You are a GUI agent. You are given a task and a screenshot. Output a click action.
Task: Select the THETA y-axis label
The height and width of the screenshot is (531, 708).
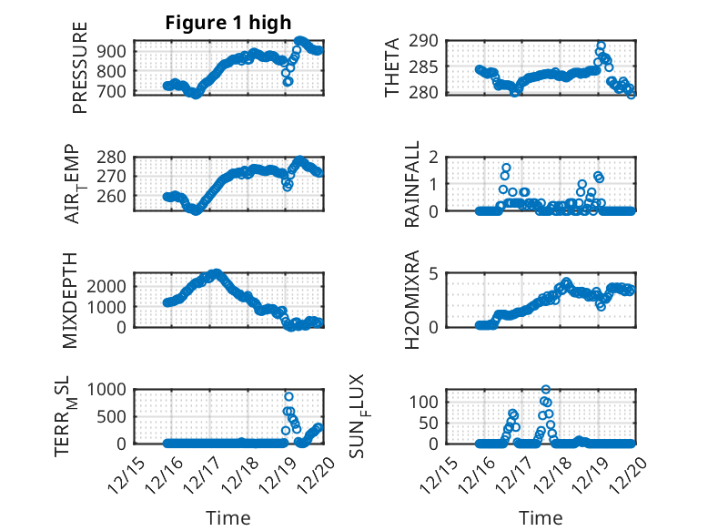392,66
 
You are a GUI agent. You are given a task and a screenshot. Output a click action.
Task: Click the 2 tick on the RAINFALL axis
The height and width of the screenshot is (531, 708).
436,157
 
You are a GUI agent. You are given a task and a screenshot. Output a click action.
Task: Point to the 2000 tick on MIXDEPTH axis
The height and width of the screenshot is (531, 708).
107,286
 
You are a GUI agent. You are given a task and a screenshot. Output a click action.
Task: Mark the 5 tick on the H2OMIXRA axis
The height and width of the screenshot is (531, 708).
436,273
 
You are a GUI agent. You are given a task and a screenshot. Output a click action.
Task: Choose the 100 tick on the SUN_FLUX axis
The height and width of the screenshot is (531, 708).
427,402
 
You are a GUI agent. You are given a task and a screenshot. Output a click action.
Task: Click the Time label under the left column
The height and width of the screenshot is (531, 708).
228,517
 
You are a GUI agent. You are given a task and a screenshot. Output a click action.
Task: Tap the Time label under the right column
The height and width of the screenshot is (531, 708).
541,517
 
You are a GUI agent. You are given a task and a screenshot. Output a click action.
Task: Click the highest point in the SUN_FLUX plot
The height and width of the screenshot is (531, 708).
546,390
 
